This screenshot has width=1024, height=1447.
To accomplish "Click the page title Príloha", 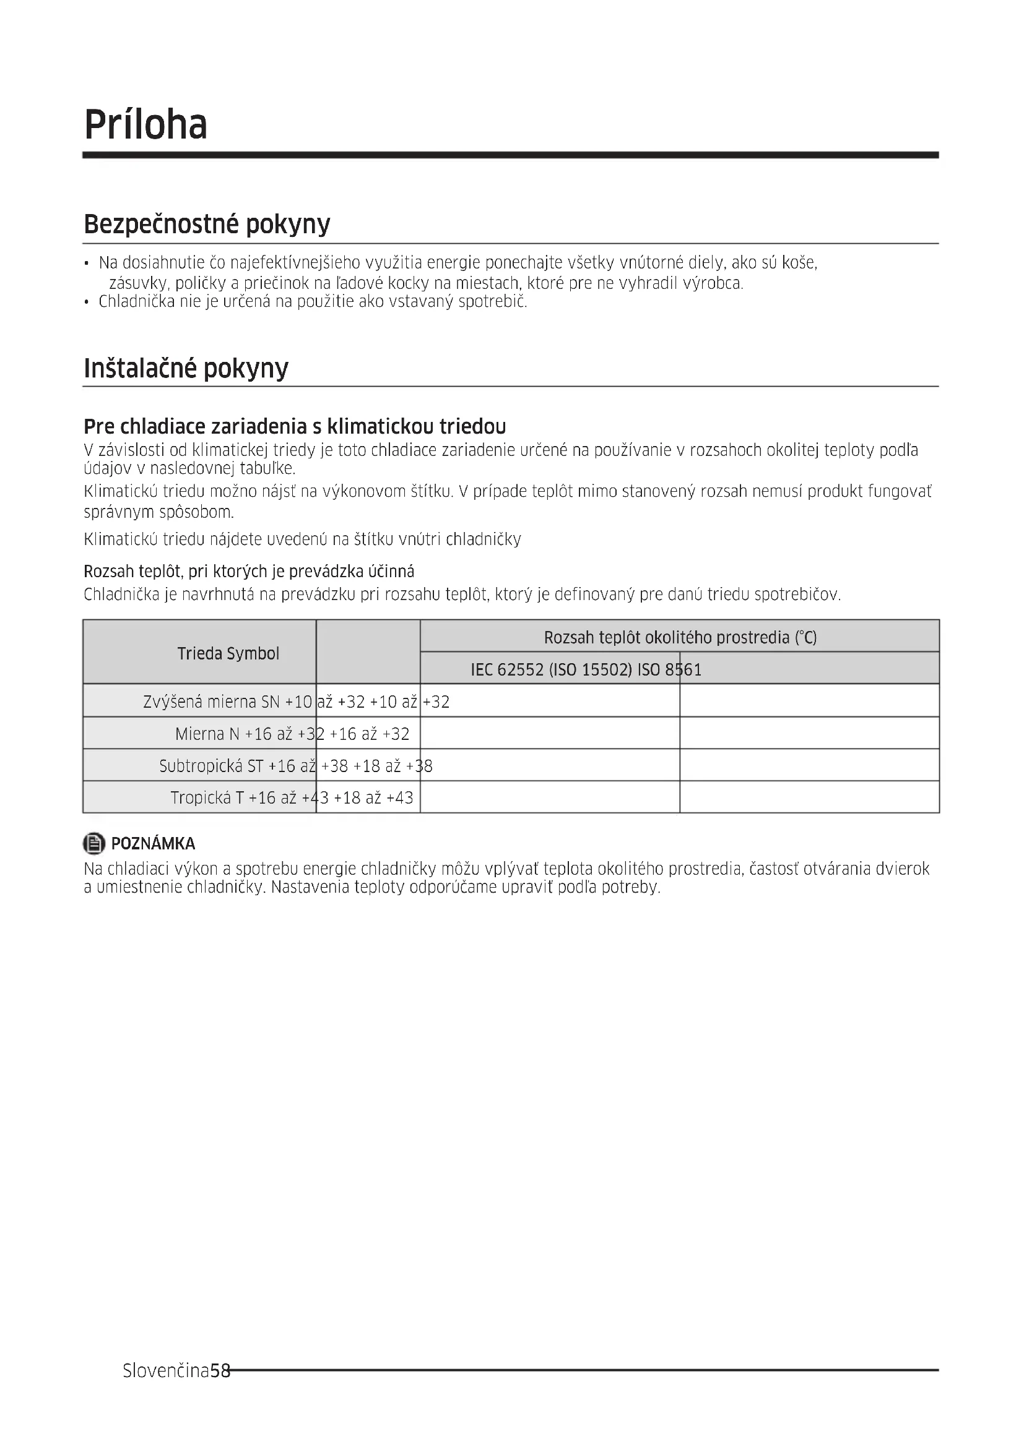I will [x=145, y=125].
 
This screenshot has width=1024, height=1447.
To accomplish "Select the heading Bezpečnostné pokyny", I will [x=207, y=225].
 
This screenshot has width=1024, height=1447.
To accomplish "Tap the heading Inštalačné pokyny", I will [x=186, y=368].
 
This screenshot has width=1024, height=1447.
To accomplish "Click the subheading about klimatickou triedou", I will [x=295, y=427].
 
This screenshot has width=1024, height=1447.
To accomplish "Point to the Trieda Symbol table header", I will [x=228, y=653].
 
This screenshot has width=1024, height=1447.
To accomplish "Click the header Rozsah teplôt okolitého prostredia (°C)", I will [x=680, y=638].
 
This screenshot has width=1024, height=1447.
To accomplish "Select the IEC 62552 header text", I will [x=586, y=669].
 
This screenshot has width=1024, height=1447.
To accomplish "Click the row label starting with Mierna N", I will [x=208, y=734].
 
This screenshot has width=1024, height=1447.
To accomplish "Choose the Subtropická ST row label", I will [x=211, y=766].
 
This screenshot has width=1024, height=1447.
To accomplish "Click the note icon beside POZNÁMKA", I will [x=94, y=843].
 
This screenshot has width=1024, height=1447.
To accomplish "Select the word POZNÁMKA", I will [x=153, y=844].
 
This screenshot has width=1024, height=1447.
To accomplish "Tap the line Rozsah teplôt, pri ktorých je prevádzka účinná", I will [x=249, y=572].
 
